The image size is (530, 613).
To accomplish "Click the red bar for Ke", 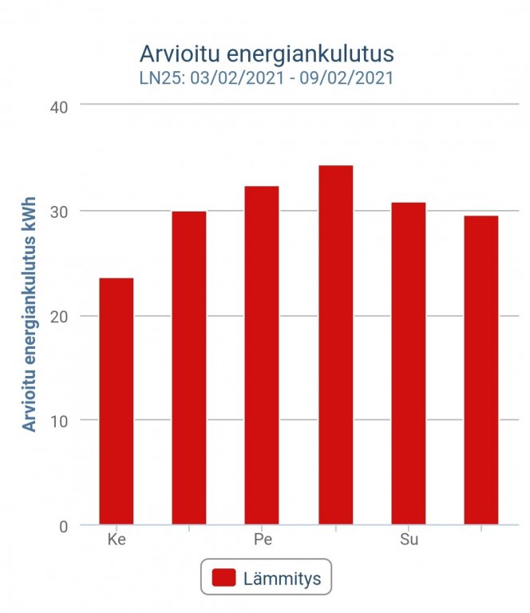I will pos(117,401).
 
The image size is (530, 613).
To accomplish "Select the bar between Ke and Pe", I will pos(189,368).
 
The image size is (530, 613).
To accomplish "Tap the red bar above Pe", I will pos(262,355).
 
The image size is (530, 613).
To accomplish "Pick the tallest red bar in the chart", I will pos(335,345).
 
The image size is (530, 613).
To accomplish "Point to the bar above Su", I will pos(408,363).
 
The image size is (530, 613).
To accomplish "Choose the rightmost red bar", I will pos(481,370).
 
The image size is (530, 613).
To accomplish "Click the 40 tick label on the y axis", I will pos(61,106).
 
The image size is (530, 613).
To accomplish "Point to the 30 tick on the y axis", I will pos(61,212).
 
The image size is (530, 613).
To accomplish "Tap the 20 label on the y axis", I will pos(61,316).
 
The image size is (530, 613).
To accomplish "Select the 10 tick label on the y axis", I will pos(61,421).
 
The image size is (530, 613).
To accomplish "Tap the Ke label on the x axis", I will pos(117,540).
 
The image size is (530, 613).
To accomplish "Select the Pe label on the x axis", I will pos(263,540).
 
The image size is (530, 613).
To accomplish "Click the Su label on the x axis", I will pos(409,540).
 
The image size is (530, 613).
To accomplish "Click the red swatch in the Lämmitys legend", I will pos(224,577).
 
